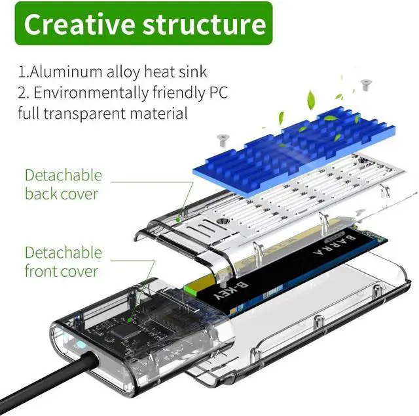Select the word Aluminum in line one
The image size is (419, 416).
[x=65, y=72]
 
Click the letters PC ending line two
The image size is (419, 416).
[x=217, y=93]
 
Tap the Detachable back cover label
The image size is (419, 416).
[x=63, y=184]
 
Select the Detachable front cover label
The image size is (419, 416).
[x=63, y=262]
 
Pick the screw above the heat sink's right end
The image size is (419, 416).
[x=366, y=85]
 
